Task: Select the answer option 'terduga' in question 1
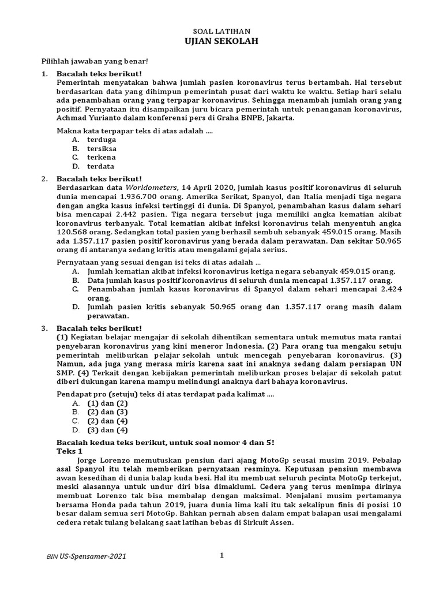coord(102,139)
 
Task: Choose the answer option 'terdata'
coord(101,166)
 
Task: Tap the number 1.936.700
coord(140,197)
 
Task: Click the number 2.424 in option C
coord(386,289)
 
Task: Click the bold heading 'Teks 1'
coord(69,450)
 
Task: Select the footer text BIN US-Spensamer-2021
coord(86,556)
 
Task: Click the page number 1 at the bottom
coord(221,555)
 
